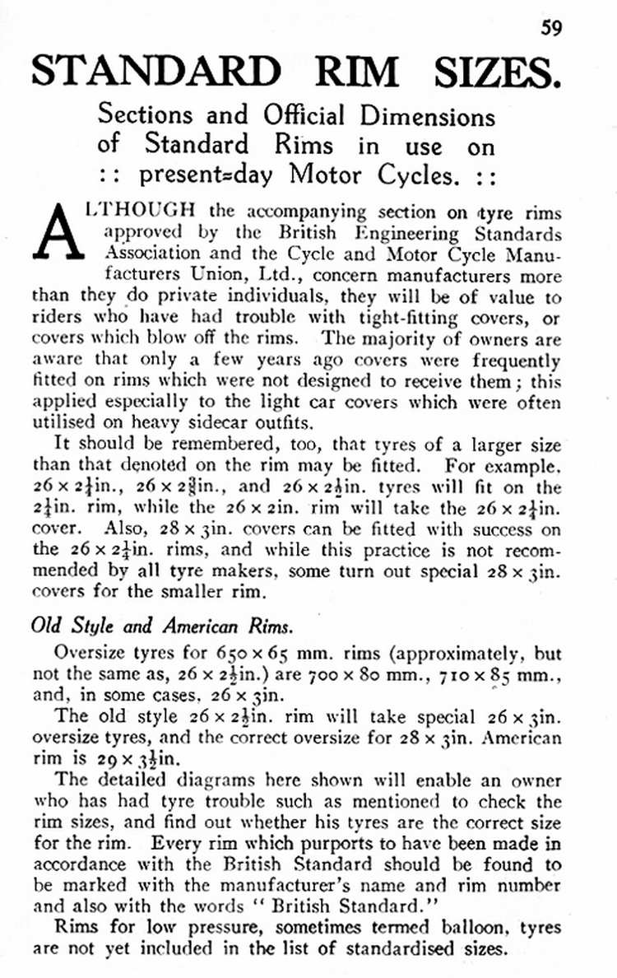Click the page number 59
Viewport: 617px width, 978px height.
coord(551,26)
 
